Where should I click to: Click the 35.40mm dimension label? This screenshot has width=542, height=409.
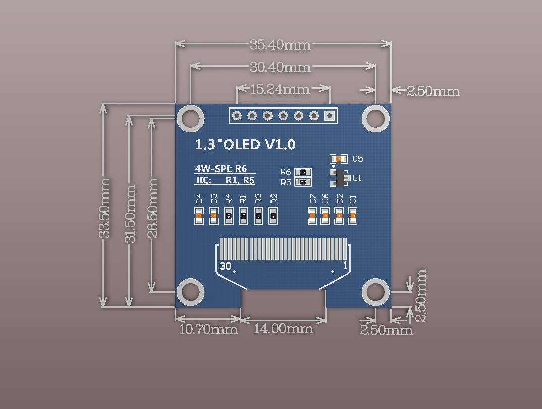(x=281, y=45)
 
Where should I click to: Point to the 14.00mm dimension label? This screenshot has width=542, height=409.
(x=283, y=329)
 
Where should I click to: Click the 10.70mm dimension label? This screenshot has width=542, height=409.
(x=208, y=330)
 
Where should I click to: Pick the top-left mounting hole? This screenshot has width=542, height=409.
(x=190, y=118)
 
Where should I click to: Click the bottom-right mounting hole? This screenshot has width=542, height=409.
(x=375, y=292)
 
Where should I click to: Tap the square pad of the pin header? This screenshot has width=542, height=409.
(x=330, y=116)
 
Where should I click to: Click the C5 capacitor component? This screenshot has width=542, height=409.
(x=339, y=159)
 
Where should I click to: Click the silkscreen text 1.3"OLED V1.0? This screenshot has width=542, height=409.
(x=245, y=145)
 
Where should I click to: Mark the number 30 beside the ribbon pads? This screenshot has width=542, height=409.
(x=225, y=266)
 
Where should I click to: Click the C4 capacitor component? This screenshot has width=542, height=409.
(x=199, y=216)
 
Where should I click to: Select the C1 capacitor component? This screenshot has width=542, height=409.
(x=353, y=216)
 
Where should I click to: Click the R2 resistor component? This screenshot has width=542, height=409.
(x=273, y=216)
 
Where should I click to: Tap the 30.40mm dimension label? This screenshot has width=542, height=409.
(x=281, y=67)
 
